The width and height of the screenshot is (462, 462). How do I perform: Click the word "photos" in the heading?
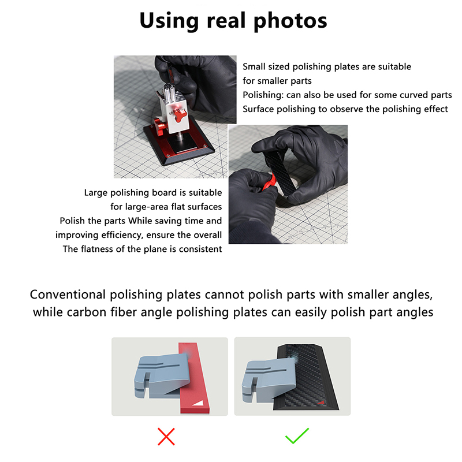[290, 21]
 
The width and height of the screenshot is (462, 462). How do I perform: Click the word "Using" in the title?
[169, 21]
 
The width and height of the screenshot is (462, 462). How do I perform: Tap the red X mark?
[166, 437]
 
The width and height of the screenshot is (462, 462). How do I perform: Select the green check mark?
[297, 436]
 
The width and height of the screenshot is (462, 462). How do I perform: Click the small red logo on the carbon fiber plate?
[321, 402]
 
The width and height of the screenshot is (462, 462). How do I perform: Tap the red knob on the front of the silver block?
[180, 115]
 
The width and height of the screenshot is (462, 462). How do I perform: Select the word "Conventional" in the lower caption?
[68, 295]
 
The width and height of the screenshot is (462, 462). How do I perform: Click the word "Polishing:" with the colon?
[263, 95]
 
